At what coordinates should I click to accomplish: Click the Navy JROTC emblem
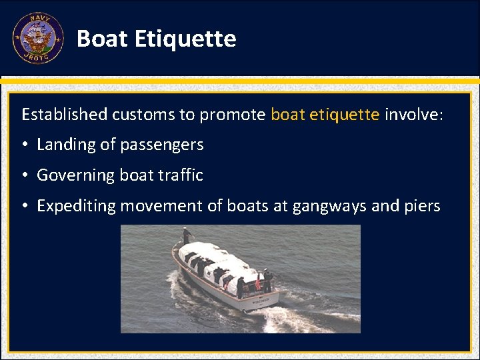click(x=38, y=39)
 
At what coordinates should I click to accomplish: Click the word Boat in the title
click(x=102, y=39)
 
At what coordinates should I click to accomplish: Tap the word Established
click(x=64, y=114)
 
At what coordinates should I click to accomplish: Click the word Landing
click(x=66, y=145)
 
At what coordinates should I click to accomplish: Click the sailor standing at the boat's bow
click(x=187, y=235)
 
